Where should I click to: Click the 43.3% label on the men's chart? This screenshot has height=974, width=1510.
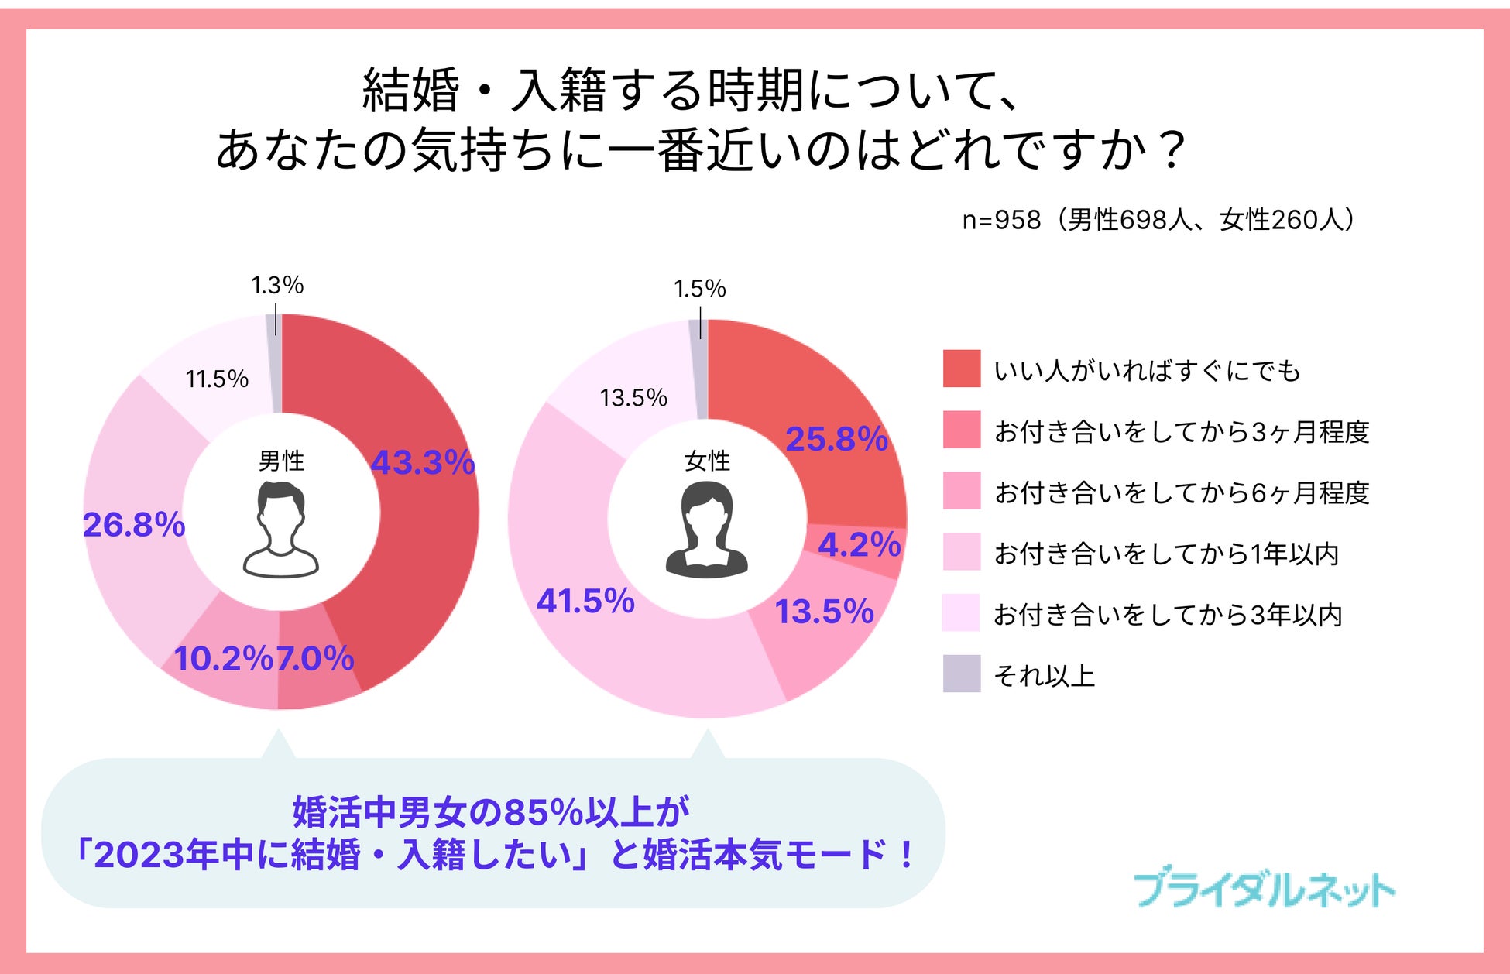click(423, 463)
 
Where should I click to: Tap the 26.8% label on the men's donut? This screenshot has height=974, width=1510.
click(134, 525)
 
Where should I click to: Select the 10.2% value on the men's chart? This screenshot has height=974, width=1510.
click(223, 659)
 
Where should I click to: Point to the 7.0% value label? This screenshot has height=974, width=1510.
click(315, 659)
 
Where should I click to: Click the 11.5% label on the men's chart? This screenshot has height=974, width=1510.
click(217, 379)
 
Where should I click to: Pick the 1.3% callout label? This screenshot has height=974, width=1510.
click(277, 286)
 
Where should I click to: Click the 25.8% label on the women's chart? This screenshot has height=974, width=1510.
click(836, 439)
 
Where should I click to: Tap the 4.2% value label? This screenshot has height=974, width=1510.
click(860, 545)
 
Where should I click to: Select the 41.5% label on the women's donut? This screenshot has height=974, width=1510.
click(585, 602)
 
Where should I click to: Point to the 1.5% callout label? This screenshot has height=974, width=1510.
click(700, 289)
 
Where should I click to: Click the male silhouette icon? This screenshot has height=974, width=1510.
click(281, 530)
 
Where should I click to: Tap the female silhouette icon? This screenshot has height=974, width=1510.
click(706, 530)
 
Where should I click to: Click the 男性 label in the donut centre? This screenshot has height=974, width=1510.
click(281, 461)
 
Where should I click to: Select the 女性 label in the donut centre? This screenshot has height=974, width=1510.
click(707, 461)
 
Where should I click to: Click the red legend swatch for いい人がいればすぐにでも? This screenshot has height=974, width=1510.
click(962, 369)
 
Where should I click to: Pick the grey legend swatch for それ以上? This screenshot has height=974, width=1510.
click(962, 674)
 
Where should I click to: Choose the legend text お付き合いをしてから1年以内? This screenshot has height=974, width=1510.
click(1166, 554)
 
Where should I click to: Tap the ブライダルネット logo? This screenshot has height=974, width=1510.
click(1264, 889)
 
